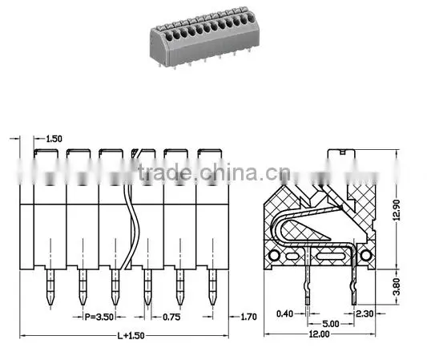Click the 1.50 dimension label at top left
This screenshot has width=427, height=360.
54,139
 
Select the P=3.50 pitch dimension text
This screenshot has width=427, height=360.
99,317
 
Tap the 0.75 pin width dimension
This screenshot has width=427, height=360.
171,317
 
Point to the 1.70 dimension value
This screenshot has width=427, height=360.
248,317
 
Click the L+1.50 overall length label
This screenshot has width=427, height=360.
131,336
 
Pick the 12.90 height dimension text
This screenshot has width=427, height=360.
397,210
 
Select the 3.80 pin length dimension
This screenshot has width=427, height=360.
397,286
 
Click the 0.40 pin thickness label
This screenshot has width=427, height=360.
285,313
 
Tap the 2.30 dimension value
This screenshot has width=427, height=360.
365,313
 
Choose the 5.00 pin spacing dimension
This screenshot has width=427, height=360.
331,324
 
